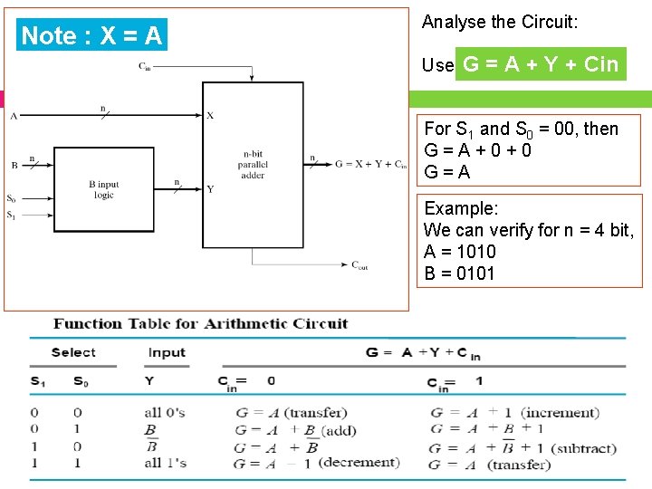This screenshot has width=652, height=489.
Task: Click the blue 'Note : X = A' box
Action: (91, 35)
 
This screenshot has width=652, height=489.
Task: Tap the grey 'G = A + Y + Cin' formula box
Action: (541, 64)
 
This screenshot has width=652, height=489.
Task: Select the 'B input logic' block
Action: (104, 189)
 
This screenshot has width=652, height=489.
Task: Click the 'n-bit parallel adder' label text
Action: (253, 164)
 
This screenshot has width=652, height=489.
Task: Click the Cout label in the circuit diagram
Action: (360, 265)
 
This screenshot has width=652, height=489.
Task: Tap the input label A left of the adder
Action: (14, 116)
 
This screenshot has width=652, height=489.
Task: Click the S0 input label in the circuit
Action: (11, 198)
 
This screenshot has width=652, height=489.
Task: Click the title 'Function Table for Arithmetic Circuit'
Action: (200, 323)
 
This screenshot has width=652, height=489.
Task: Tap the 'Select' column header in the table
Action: (73, 352)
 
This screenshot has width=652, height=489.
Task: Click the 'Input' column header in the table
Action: (167, 352)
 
